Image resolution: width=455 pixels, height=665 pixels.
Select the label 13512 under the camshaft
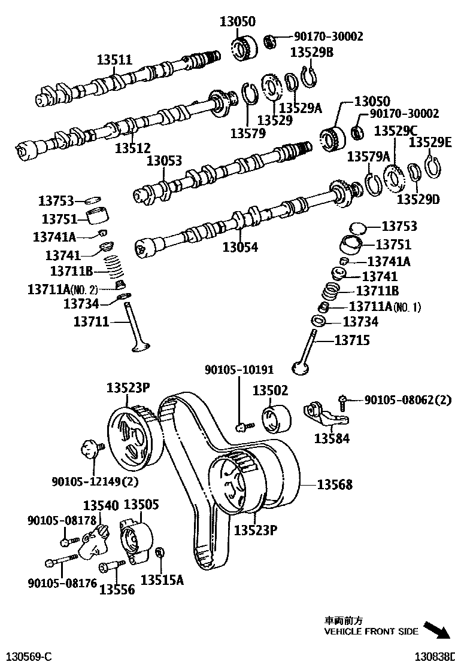pos(133,147)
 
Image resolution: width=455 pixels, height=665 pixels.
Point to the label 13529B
pos(312,52)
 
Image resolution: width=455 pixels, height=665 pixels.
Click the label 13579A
pos(369,157)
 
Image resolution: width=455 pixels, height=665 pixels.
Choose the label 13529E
pos(430,142)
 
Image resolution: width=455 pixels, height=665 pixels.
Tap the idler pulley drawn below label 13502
pos(275,417)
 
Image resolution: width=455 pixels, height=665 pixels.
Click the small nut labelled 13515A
pos(160,552)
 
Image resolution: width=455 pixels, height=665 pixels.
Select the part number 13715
pos(352,340)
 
